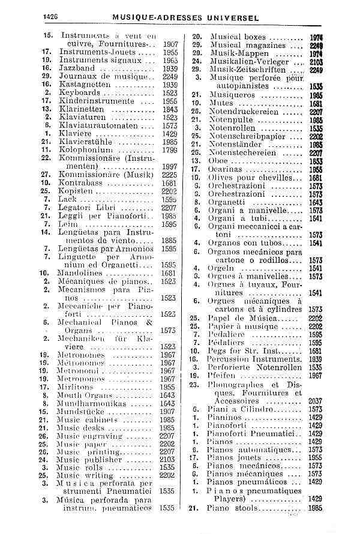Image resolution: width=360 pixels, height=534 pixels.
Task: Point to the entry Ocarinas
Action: (226, 170)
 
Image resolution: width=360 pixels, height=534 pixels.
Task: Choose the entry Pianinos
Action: (225, 417)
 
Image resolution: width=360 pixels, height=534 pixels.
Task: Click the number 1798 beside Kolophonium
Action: (169, 149)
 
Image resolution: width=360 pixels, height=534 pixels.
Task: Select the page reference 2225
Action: (169, 175)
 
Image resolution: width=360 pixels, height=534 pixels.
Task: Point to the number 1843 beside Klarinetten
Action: (169, 110)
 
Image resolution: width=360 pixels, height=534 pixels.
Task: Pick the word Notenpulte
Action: (231, 120)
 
